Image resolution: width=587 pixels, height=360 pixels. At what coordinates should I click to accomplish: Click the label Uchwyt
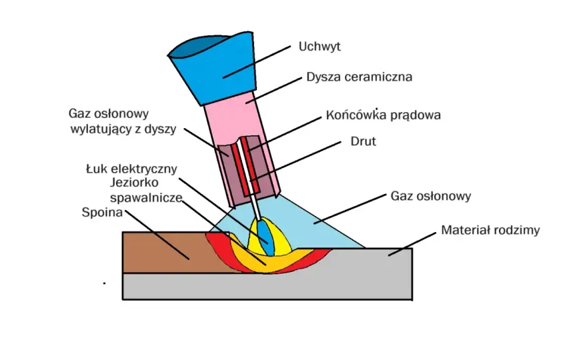[x=320, y=47]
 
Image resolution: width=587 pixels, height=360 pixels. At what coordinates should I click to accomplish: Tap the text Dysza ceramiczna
[x=360, y=77]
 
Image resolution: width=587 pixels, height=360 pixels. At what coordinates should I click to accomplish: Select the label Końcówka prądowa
[x=383, y=115]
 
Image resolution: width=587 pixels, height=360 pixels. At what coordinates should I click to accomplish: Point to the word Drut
[x=363, y=141]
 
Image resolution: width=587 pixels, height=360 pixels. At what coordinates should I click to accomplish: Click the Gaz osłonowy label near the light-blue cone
[x=430, y=196]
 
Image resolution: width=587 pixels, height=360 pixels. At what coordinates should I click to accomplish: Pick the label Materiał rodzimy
[x=490, y=230]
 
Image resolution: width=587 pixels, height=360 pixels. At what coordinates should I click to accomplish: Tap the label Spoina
[x=102, y=213]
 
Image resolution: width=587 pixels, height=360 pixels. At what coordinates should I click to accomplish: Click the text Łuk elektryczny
[x=131, y=169]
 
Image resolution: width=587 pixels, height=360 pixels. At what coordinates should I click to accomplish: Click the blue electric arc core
[x=264, y=237]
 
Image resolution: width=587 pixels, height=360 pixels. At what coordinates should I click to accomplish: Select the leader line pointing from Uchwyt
[x=257, y=62]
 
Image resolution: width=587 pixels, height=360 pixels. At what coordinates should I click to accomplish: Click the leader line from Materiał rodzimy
[x=412, y=244]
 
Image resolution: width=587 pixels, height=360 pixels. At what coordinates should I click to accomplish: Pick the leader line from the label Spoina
[x=157, y=235]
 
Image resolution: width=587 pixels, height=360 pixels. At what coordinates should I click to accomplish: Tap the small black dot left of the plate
[x=104, y=283]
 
